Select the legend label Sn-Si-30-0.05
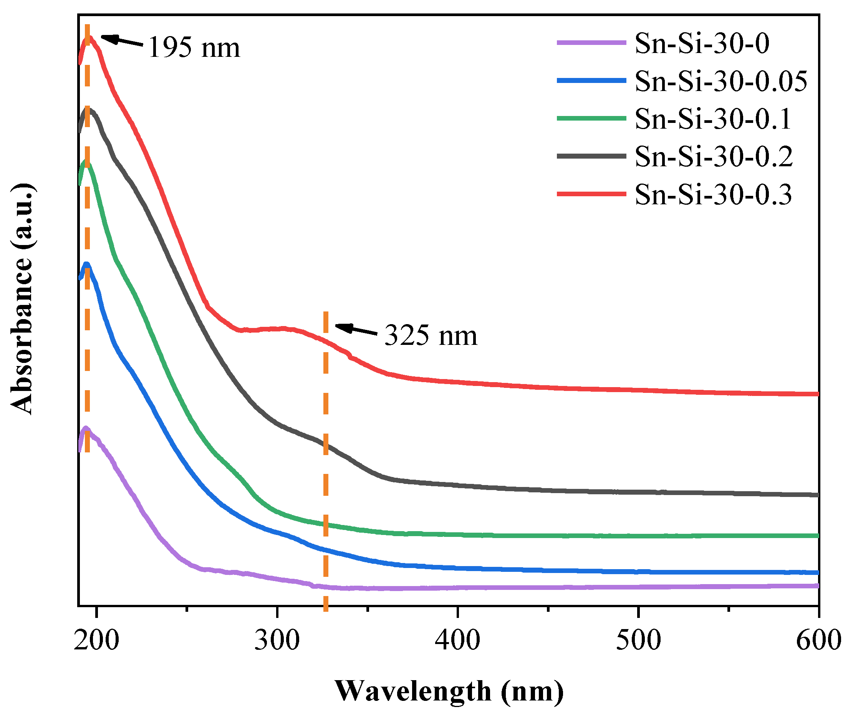[x=721, y=81]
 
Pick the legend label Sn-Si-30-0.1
[x=712, y=119]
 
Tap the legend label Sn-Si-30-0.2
[x=714, y=156]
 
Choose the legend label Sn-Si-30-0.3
[x=713, y=194]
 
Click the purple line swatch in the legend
[x=591, y=42]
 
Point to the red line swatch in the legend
[x=591, y=194]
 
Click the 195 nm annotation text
[x=194, y=48]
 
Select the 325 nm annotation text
[x=431, y=336]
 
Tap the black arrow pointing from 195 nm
[x=122, y=41]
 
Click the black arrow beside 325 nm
[x=355, y=330]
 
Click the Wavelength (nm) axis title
[x=449, y=691]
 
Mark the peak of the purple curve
[x=86, y=428]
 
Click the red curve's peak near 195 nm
[x=89, y=38]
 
